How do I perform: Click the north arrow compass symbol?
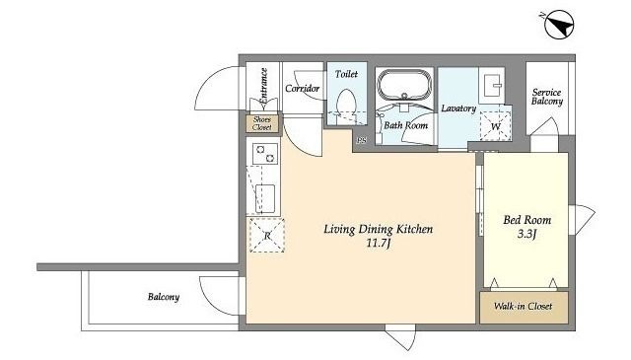(559, 25)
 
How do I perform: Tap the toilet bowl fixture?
(346, 104)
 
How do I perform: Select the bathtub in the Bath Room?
(404, 84)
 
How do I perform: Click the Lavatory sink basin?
(493, 85)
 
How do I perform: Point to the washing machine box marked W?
(495, 126)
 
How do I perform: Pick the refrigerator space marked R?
(267, 235)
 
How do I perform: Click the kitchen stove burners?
(265, 154)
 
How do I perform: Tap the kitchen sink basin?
(265, 199)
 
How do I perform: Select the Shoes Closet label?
(262, 123)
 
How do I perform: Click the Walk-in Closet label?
(523, 306)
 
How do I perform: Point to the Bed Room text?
(527, 220)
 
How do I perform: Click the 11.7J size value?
(379, 244)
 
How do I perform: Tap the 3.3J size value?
(526, 234)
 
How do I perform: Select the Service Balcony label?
(547, 97)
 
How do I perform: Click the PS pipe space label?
(362, 140)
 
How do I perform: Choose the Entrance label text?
(263, 89)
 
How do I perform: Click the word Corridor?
(303, 88)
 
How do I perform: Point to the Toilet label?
(346, 74)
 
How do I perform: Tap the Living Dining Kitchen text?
(379, 229)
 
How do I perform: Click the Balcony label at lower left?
(164, 297)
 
